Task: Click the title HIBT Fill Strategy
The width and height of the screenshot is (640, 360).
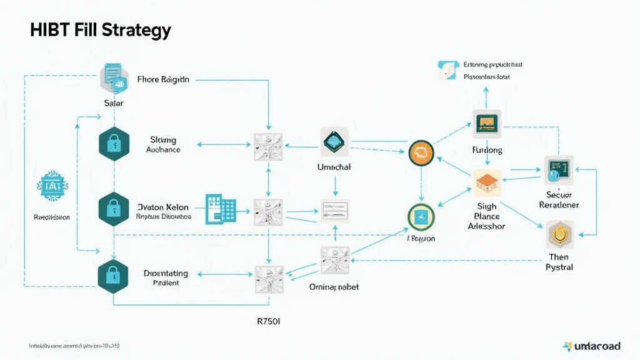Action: [100, 30]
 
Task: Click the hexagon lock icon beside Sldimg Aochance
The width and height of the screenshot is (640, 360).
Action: [113, 145]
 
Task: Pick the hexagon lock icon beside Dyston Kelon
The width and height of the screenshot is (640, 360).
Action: [113, 209]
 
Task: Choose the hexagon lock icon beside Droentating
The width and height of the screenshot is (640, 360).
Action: [113, 276]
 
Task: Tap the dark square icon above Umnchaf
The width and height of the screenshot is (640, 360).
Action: [334, 142]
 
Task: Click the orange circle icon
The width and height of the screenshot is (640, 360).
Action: [421, 152]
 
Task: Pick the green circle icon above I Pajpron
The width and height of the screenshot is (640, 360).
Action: [420, 217]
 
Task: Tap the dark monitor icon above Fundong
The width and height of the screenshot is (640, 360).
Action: [487, 124]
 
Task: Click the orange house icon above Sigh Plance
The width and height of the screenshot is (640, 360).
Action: [487, 182]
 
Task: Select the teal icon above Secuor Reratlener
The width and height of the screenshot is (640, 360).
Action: [557, 169]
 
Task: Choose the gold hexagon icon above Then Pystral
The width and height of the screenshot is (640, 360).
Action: [559, 235]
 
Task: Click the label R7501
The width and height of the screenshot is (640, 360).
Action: [269, 322]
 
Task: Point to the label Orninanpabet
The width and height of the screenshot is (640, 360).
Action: [334, 287]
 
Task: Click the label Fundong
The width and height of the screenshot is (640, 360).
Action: [487, 151]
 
